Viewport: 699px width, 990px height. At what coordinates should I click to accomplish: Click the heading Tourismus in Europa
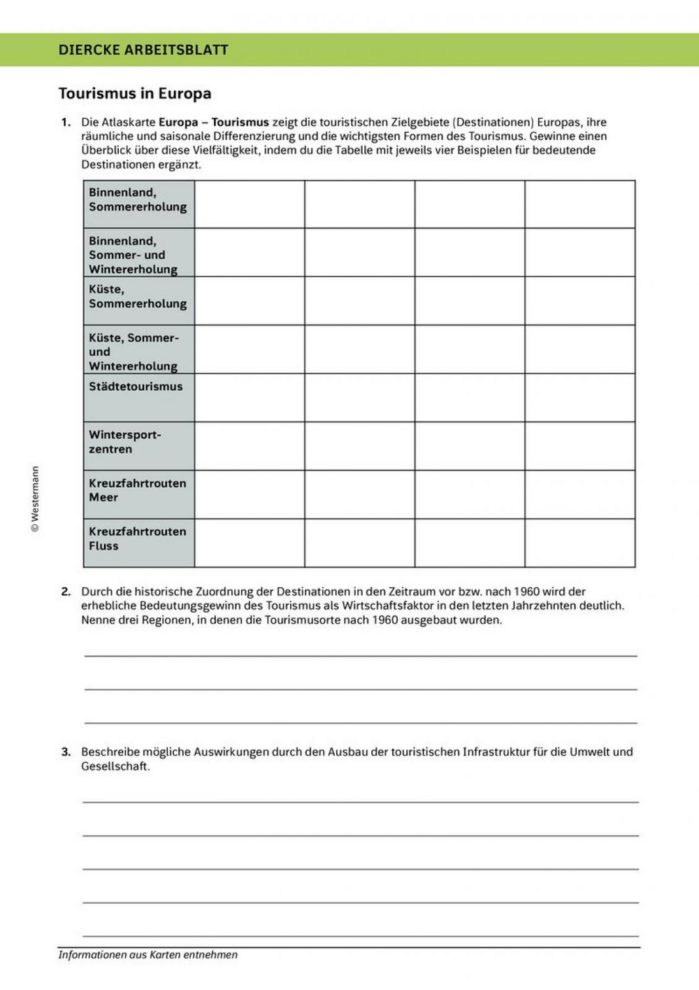(x=134, y=94)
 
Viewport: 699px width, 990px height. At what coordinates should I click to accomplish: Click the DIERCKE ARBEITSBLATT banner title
(x=143, y=50)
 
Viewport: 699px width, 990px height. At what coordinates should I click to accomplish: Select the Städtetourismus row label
(x=136, y=387)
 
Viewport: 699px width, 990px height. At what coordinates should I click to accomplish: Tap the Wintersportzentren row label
(x=125, y=442)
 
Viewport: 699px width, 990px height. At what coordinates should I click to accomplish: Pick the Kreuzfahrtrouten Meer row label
(x=137, y=490)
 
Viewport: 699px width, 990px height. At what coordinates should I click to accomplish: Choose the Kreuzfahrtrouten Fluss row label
(x=137, y=538)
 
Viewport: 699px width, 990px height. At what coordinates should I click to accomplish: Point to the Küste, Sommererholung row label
(x=138, y=296)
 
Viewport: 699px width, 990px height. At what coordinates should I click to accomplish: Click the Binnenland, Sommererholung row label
(x=138, y=199)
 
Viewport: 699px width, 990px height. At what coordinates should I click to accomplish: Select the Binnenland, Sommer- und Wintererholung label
(x=133, y=255)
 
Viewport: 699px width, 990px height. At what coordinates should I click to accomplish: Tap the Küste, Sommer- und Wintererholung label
(x=134, y=352)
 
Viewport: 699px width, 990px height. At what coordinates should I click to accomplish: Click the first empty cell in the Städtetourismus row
(x=250, y=397)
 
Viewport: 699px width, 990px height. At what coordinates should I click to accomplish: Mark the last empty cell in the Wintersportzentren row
(x=580, y=445)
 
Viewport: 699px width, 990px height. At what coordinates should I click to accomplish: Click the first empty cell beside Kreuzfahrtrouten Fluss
(x=250, y=543)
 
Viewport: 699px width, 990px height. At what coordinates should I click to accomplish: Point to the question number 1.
(x=66, y=122)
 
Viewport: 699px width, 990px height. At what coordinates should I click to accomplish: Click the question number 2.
(x=66, y=591)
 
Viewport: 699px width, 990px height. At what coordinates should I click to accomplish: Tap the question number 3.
(x=66, y=752)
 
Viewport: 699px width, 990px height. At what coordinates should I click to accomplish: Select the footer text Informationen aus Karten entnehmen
(x=148, y=955)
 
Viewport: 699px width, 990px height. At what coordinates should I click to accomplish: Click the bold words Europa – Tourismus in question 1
(x=214, y=122)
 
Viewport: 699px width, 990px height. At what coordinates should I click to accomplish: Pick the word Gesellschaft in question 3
(x=115, y=766)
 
